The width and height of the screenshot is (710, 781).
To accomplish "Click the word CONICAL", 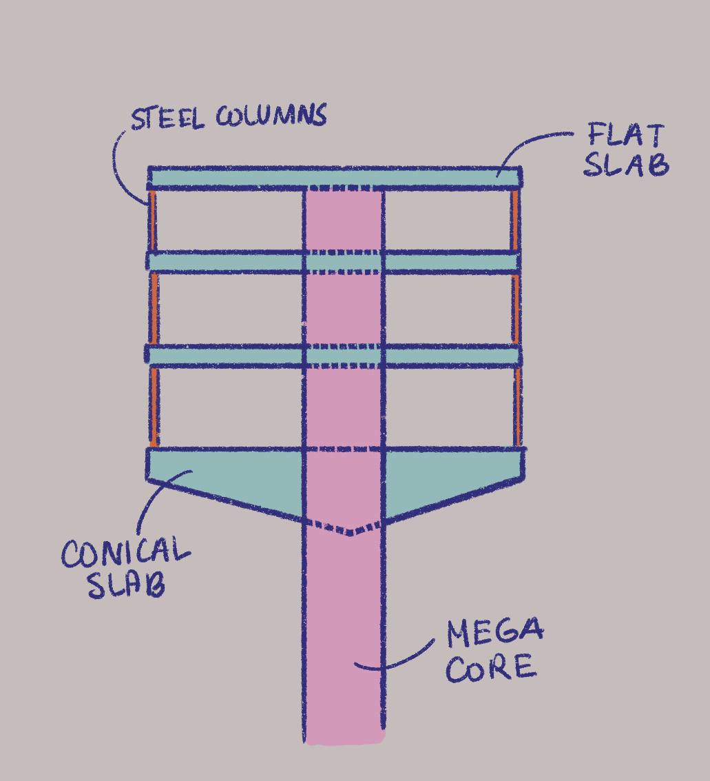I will click(125, 552).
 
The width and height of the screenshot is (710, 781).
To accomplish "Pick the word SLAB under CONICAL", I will click(125, 585).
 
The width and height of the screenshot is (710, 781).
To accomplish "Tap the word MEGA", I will click(494, 633).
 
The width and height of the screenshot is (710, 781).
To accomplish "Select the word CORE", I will click(490, 668).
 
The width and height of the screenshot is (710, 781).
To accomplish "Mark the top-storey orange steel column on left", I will click(152, 221).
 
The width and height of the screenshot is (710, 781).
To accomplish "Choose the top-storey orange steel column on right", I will click(516, 221).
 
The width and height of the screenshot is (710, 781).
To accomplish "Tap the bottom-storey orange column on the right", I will click(516, 406).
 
